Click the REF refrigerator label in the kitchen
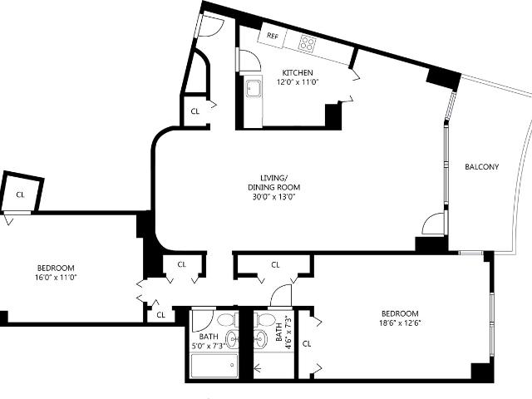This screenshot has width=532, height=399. pos(272,36)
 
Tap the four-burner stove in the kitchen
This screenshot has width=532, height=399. pos(308,44)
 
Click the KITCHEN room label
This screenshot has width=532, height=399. pos(298,72)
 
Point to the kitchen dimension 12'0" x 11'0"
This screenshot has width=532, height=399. pos(298,82)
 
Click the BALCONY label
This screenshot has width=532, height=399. pos(482,167)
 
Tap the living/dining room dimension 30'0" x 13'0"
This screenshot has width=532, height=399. pos(274,197)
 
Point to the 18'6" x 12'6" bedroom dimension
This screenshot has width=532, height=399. pos(400,323)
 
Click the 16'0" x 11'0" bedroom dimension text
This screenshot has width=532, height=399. pos(56,277)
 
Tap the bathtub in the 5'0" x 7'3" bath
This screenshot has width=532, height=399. pos(214,366)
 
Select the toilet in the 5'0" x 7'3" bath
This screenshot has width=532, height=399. pos(225,319)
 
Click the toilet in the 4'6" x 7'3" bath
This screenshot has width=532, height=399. pos(266,319)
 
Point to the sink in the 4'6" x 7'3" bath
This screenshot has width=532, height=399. pos(260,338)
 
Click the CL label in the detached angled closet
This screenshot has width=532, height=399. pos(20,195)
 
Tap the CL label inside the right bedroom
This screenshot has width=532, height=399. pos(307,343)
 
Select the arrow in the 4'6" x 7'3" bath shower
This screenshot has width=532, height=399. pos(257,367)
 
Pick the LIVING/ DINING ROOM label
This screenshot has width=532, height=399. pos(274,183)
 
